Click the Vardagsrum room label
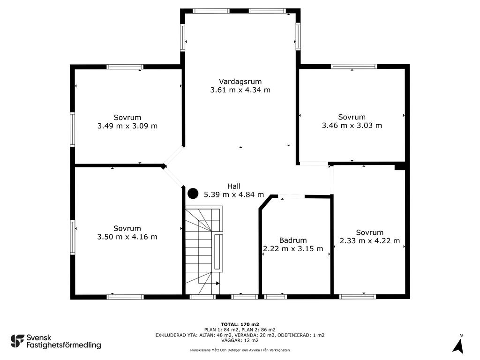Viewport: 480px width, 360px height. coord(240,82)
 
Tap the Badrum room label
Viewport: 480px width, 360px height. coord(293,240)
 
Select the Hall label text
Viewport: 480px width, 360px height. coord(234,186)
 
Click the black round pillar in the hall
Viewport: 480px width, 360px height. coord(193,194)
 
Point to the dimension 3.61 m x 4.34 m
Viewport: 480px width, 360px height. coord(240,90)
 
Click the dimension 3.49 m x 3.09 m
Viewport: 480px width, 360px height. coord(127,126)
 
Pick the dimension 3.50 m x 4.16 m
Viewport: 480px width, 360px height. coord(127,237)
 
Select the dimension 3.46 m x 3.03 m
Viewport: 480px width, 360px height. coord(352,125)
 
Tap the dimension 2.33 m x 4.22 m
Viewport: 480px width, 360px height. coord(370,240)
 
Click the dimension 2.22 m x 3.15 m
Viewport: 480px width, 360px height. coord(293,248)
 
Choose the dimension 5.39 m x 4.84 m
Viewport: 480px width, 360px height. coord(234,195)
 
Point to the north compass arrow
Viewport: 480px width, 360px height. coord(458,346)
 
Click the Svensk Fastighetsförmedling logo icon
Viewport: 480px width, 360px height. coord(17,341)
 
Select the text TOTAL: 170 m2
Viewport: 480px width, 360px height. coord(240,324)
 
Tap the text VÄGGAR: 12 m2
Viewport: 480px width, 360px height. coord(240,340)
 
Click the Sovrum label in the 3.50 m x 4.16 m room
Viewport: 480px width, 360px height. coord(127,228)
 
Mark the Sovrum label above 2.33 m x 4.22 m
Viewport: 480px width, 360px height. coord(370,232)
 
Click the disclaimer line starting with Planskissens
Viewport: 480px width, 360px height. coord(240,350)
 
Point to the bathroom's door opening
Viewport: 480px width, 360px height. coord(292,196)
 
